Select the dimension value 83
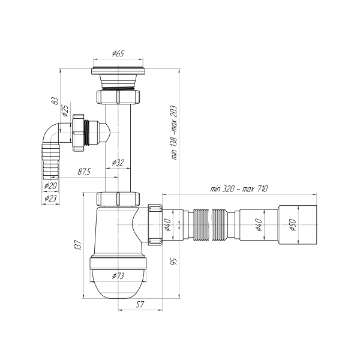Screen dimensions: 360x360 pos(55,101)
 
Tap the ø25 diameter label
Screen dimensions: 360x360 pos(65,111)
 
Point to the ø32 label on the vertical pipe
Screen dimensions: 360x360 pos(118,163)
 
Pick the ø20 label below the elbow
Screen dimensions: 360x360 pos(50,186)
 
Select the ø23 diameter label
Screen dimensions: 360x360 pos(50,197)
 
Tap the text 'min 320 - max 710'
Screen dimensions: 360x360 pos(238,188)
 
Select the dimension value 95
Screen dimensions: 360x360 pos(173,262)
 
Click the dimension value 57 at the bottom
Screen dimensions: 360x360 pos(139,305)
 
